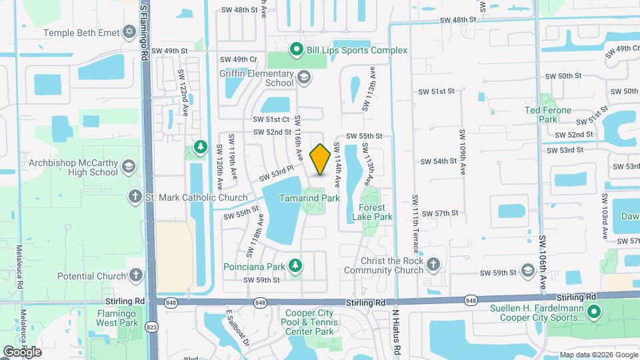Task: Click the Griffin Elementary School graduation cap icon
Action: (304, 78)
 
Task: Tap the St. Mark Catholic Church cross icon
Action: (135, 197)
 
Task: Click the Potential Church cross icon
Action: (135, 275)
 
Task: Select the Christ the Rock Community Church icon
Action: (433, 265)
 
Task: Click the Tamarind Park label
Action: (309, 198)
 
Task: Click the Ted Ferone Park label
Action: (548, 115)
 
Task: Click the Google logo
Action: (22, 351)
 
